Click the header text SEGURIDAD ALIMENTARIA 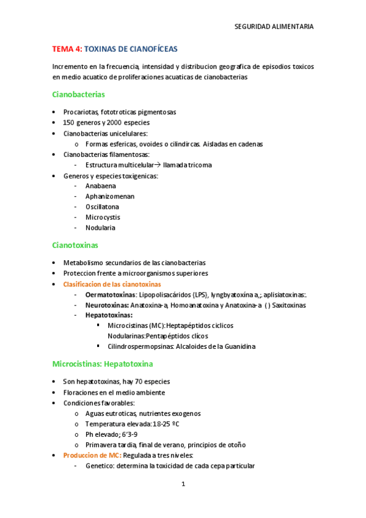click(x=274, y=27)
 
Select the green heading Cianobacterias click(x=78, y=95)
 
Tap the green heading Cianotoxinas click(x=75, y=245)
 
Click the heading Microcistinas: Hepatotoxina click(x=102, y=364)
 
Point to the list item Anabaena click(x=101, y=186)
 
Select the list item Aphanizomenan click(x=110, y=196)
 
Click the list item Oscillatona click(x=103, y=206)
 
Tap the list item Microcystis click(x=103, y=217)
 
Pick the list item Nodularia click(x=100, y=228)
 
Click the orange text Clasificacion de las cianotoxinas click(x=112, y=284)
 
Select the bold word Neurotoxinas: click(x=106, y=305)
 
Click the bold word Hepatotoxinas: click(x=109, y=315)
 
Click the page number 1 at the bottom click(x=183, y=484)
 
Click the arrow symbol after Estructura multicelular click(x=157, y=165)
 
